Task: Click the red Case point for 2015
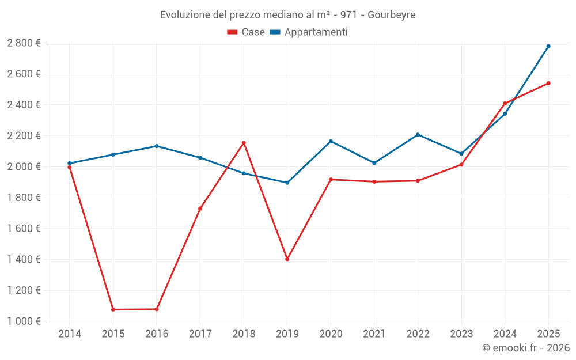tap(113, 309)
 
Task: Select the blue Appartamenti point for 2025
tap(548, 46)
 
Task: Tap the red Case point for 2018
tap(244, 143)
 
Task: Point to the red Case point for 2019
tap(287, 259)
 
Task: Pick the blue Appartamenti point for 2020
tap(331, 141)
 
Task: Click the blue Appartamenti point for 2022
tap(418, 135)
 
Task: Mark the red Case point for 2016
tap(157, 309)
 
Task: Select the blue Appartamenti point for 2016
tap(157, 146)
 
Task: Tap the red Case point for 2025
tap(548, 83)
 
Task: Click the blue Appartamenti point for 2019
tap(287, 183)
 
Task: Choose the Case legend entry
tap(246, 32)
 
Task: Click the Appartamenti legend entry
tap(309, 32)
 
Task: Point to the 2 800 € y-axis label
tap(24, 43)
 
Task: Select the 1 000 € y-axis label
tap(24, 321)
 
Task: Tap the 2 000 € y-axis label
tap(24, 166)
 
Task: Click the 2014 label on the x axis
tap(70, 334)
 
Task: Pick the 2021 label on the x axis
tap(374, 334)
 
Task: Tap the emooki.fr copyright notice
tap(525, 348)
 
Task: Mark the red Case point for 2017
tap(200, 209)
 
